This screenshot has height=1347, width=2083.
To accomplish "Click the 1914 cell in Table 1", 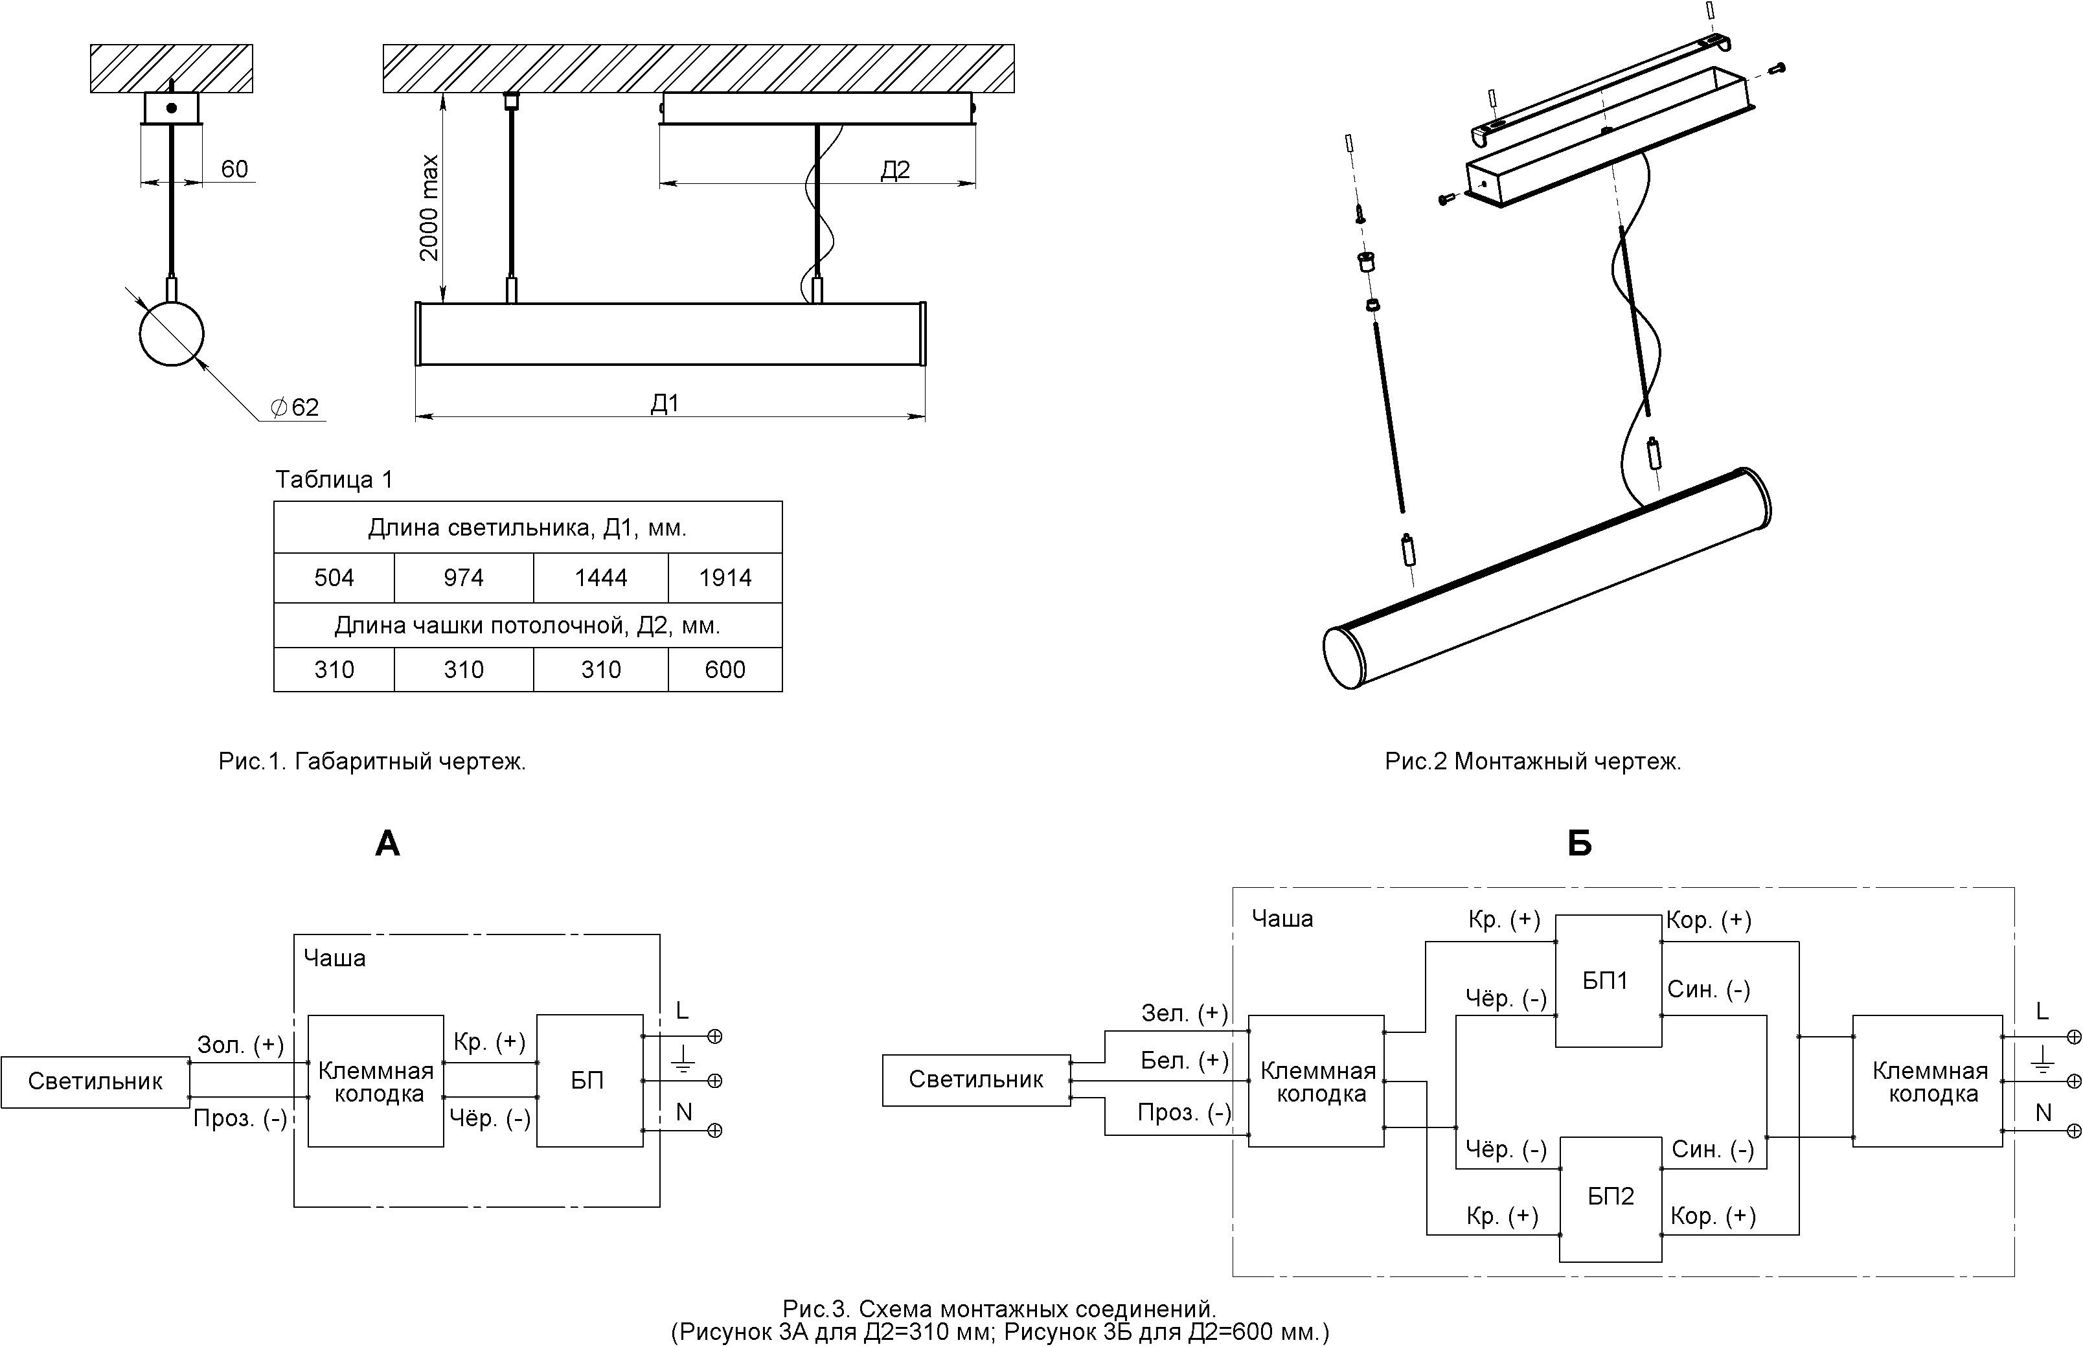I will pos(724,577).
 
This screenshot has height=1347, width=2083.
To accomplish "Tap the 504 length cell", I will pos(334,577).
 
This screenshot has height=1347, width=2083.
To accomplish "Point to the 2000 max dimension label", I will pos(429,208).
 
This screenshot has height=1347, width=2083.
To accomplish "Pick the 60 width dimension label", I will pos(234,169).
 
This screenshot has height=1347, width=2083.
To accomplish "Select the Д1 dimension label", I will pos(665,403).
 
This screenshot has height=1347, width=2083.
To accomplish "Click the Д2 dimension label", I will pos(895,170).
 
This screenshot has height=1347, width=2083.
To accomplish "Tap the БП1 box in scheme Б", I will pos(1607,980).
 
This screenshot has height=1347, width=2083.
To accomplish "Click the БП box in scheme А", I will pos(589,1080).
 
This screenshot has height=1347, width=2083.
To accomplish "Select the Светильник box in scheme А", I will pos(95,1082).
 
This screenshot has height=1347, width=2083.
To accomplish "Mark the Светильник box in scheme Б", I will pos(975,1080).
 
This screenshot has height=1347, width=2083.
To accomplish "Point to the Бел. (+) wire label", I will pos(1183,1061).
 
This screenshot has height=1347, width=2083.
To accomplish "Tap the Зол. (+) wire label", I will pos(240,1045).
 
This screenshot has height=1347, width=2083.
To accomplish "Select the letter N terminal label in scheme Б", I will pos(2043,1113).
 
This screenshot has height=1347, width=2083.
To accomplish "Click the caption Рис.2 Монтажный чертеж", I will pos(1532,762).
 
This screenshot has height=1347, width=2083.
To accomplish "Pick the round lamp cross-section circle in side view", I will pos(172,334).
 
